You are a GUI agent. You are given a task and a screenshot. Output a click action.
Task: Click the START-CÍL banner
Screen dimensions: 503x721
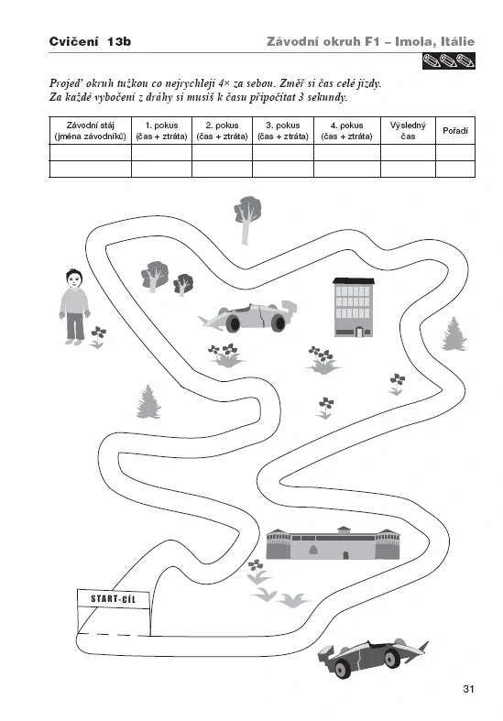pyautogui.click(x=114, y=598)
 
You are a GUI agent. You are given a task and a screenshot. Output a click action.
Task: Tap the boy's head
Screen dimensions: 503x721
pyautogui.click(x=73, y=279)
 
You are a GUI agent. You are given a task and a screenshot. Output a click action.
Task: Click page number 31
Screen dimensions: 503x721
pyautogui.click(x=468, y=689)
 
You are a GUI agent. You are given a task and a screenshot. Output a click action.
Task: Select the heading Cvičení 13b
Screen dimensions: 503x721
pyautogui.click(x=90, y=41)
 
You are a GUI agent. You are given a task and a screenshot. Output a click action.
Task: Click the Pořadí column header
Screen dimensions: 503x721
pyautogui.click(x=455, y=131)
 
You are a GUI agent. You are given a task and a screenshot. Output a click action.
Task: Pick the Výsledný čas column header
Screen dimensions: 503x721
pyautogui.click(x=408, y=131)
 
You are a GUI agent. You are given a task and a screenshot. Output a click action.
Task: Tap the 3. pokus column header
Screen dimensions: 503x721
pyautogui.click(x=283, y=131)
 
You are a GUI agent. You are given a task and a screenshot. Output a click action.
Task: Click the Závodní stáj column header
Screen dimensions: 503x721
pyautogui.click(x=90, y=131)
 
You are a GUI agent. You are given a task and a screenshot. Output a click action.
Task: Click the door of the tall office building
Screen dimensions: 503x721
pyautogui.click(x=359, y=332)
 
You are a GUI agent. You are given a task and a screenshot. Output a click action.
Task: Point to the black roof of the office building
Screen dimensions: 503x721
pyautogui.click(x=353, y=280)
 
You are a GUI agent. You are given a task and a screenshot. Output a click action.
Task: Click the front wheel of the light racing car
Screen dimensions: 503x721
pyautogui.click(x=234, y=322)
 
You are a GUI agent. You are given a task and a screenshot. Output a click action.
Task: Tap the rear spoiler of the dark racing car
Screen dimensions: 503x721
pyautogui.click(x=327, y=655)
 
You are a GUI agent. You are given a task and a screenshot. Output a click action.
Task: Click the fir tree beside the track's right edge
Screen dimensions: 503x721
pyautogui.click(x=454, y=334)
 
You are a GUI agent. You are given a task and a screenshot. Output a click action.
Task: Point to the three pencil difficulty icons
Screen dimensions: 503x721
pyautogui.click(x=448, y=60)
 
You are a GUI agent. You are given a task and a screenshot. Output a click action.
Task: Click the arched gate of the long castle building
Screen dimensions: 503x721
pyautogui.click(x=313, y=550)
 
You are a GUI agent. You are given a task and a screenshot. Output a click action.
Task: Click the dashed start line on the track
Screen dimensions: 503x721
pyautogui.click(x=115, y=635)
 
